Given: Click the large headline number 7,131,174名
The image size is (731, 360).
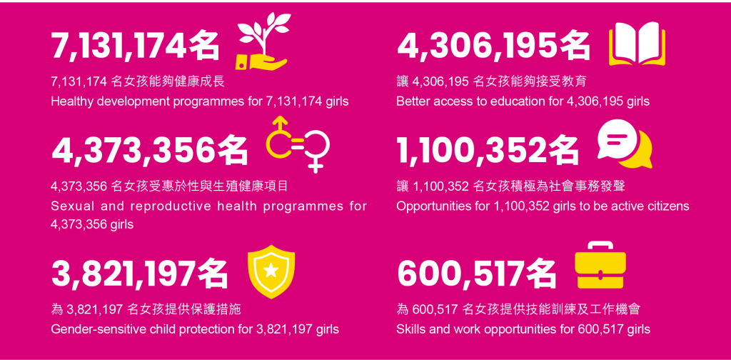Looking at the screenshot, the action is tap(135, 47).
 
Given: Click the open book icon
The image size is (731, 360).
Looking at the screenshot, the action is tap(637, 44).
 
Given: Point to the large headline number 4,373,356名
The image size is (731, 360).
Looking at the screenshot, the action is tap(150, 151).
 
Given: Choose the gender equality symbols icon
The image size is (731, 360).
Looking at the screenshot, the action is tap(298, 144).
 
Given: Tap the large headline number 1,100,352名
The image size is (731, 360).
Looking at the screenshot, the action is tap(488, 151).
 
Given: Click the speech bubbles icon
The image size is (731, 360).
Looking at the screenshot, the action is tap(625, 144).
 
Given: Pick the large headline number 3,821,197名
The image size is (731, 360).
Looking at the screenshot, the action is tap(140, 274).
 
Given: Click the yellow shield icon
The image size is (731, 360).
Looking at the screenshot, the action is tap(271, 272).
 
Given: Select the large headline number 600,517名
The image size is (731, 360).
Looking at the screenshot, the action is tap(477, 274).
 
